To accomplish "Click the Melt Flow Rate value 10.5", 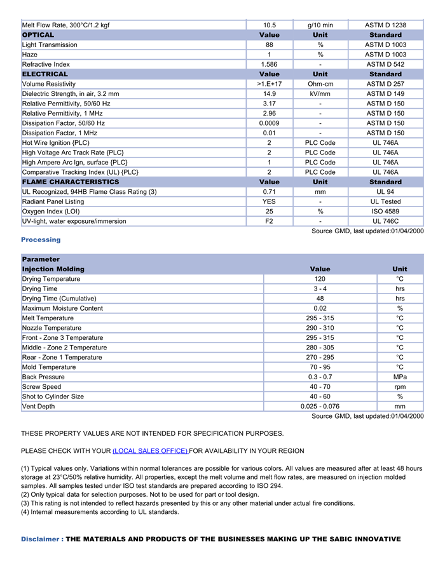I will tap(269, 25).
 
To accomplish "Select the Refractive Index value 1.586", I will tap(269, 65).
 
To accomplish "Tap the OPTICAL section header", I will tap(38, 35).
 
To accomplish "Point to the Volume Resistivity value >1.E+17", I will tap(269, 84).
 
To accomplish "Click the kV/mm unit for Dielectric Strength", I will tap(320, 94).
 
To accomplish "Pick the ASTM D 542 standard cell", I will tap(385, 65).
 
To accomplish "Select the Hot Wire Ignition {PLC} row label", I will tap(56, 143).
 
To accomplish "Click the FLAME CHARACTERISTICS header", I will tap(71, 182).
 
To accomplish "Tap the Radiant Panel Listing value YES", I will tap(269, 202).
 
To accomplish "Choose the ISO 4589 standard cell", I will tap(385, 212).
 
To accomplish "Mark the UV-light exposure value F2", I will tap(269, 222).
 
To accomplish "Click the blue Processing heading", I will tap(41, 240).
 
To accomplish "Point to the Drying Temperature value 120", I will tap(320, 279).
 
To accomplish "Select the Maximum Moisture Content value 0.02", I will tap(320, 309).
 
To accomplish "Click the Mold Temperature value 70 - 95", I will tap(320, 367).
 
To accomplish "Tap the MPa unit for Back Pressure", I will tap(400, 377).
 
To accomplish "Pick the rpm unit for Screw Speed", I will tap(400, 387).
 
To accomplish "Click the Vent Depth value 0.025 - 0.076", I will tap(320, 407).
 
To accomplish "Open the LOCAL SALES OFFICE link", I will tap(150, 451).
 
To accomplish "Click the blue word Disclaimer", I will tap(40, 539).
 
